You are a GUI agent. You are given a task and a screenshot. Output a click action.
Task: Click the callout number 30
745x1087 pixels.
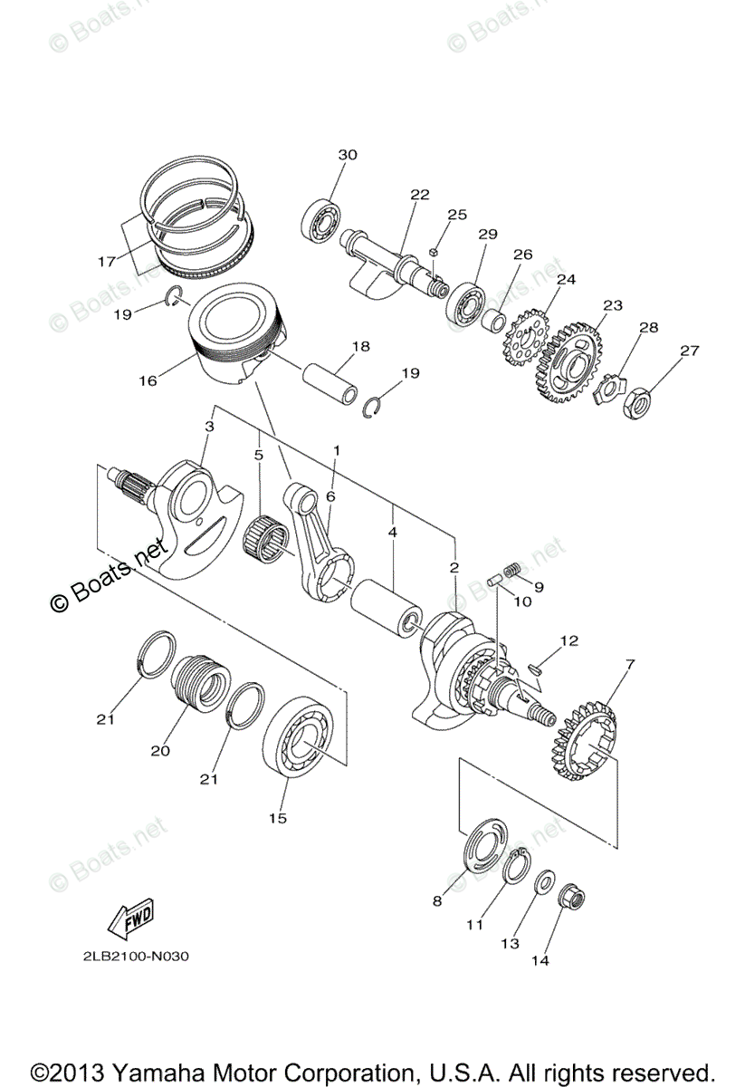pos(349,155)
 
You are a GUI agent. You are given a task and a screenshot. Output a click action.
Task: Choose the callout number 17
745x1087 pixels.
pos(107,262)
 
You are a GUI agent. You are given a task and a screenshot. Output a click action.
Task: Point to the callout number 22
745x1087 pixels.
pos(419,195)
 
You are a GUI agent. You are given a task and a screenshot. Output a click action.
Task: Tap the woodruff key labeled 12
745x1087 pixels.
pos(535,669)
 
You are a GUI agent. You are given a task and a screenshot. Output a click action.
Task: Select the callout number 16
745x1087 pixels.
pos(148,380)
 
